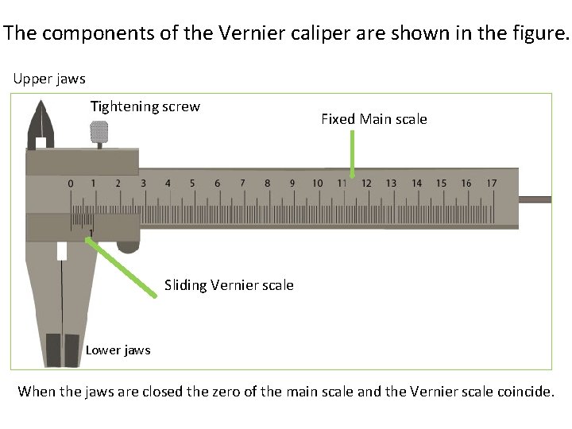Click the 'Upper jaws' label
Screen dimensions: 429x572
[50, 79]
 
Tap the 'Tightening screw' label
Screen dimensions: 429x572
[145, 106]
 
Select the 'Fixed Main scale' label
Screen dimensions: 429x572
[373, 119]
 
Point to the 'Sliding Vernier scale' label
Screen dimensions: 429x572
[229, 285]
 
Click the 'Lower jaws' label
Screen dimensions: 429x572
[118, 350]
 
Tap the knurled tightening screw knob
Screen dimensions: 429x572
[99, 133]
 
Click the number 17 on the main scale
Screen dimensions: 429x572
[491, 184]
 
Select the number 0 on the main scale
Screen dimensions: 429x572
[71, 184]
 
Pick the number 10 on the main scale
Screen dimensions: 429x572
[317, 184]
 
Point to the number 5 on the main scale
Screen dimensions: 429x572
[192, 184]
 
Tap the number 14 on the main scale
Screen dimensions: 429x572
[416, 184]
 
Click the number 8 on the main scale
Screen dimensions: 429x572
[267, 184]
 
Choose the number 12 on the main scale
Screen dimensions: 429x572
[366, 184]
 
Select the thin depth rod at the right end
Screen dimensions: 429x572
[535, 197]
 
